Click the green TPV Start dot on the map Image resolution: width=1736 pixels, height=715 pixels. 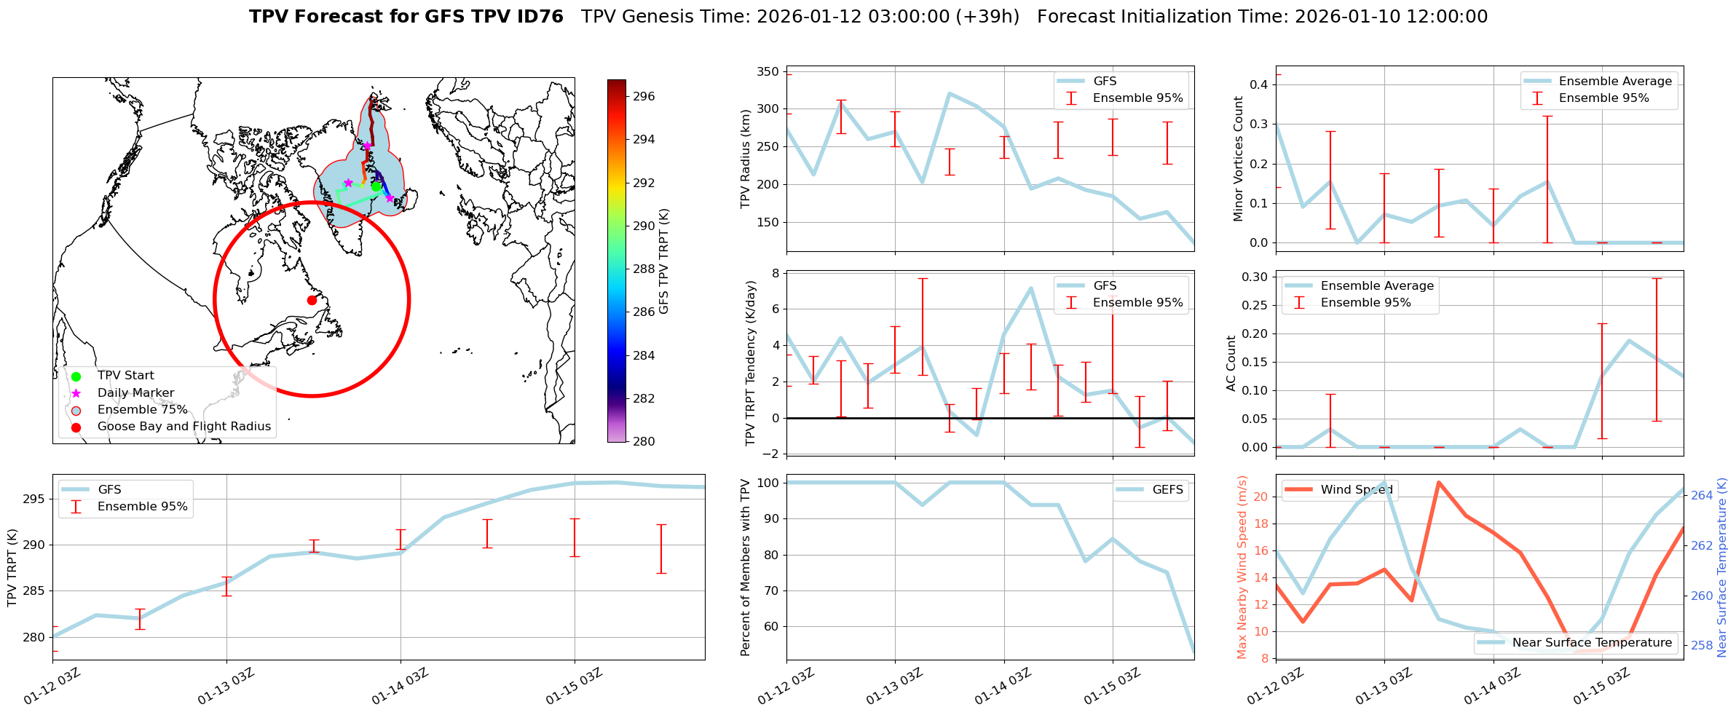tap(376, 186)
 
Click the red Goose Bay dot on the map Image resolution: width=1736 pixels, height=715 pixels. tap(312, 300)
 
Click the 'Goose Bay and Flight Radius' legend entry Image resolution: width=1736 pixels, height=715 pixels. tap(184, 427)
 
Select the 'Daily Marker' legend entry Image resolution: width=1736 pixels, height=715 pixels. tap(135, 393)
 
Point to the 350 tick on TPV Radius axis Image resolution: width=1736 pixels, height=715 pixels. tap(769, 71)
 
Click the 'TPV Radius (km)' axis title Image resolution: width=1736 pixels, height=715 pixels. tap(745, 159)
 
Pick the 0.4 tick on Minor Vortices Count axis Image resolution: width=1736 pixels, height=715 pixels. tap(1258, 84)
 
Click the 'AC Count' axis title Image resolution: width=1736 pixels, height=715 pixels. tap(1231, 363)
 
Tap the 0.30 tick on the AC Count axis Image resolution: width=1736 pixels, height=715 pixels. tap(1254, 277)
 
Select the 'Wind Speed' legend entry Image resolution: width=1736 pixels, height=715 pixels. tap(1356, 490)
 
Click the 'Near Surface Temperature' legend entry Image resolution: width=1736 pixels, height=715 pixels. tap(1592, 643)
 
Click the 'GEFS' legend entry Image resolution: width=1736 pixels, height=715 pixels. tap(1167, 490)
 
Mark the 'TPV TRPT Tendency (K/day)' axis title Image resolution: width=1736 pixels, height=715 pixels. tap(751, 363)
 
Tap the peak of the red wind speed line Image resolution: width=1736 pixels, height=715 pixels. tap(1438, 482)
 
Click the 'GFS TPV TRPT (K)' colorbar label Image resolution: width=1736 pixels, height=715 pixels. tap(663, 261)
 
